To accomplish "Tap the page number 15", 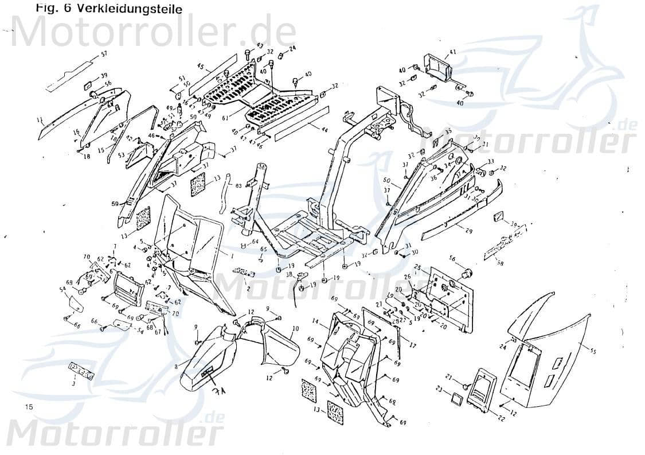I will (x=30, y=406).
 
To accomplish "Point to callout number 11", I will (x=40, y=120).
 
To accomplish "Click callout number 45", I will (x=201, y=67).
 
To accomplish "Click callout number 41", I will (x=452, y=52).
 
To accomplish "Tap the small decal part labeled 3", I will (x=81, y=371).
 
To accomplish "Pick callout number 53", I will (x=121, y=155).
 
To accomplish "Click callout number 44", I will (x=325, y=131).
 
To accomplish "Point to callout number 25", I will (x=417, y=268).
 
